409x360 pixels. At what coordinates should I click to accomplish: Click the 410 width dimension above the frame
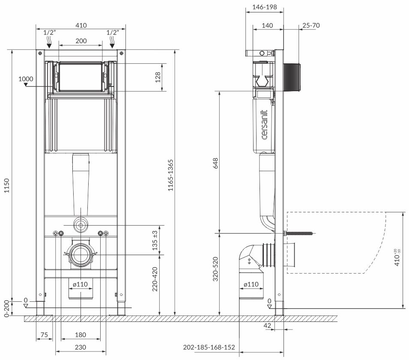point(81,26)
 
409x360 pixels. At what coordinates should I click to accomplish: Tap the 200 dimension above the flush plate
point(81,41)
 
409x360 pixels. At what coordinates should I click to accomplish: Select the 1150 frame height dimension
point(7,186)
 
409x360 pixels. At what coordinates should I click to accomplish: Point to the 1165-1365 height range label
point(170,175)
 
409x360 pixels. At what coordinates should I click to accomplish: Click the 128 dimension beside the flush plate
point(158,77)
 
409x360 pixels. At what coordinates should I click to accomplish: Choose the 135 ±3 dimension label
point(155,240)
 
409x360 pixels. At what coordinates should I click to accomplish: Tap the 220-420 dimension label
point(155,279)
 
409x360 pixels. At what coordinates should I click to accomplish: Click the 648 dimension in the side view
point(216,163)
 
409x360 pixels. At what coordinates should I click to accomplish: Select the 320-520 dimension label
point(215,269)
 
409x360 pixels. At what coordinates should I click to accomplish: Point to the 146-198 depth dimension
point(265,7)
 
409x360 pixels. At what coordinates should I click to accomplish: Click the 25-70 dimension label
point(311,26)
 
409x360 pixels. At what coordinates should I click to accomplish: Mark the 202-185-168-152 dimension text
point(209,347)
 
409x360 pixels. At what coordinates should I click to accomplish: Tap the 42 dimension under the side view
point(267,325)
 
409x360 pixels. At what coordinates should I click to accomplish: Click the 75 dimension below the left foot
point(45,335)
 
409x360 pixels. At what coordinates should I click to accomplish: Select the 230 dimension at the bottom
point(81,347)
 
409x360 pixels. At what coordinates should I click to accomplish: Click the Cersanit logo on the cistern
point(264,125)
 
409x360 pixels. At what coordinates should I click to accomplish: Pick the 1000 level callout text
point(26,79)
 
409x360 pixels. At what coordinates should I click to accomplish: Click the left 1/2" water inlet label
point(50,33)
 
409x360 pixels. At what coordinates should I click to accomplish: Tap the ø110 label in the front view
point(81,284)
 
